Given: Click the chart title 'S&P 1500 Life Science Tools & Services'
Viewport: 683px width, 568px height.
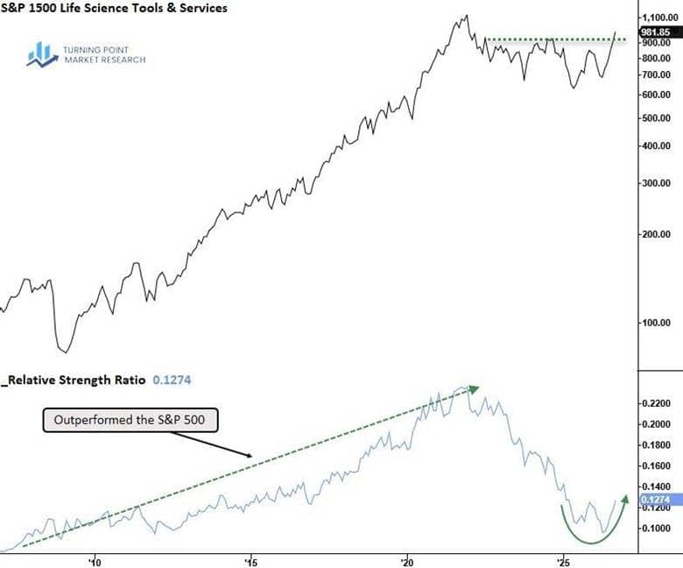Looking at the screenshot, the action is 114,7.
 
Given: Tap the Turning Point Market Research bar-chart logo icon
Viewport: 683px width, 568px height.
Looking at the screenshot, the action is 42,54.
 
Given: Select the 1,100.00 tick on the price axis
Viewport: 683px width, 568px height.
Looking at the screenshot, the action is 660,18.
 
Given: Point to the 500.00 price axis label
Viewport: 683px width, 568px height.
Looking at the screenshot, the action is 656,118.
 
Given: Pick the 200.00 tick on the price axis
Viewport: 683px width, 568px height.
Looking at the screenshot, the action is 656,234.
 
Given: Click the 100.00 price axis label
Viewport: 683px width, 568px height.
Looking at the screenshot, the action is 656,323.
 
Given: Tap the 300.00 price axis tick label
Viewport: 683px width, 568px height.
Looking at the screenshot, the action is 656,183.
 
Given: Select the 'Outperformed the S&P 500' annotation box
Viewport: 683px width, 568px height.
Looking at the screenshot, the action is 130,420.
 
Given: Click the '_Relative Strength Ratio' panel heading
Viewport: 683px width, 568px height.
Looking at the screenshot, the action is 74,380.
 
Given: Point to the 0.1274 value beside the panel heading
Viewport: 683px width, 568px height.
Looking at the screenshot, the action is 172,380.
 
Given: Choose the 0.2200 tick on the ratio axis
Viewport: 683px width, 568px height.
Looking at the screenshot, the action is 656,403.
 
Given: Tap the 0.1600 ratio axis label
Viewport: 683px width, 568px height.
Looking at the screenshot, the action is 656,465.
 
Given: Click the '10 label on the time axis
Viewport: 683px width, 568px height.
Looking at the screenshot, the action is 94,563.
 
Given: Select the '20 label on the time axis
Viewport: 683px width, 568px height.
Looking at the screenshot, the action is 407,563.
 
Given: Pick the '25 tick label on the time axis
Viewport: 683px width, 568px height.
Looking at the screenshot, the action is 564,563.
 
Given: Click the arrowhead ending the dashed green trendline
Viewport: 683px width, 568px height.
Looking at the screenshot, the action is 474,388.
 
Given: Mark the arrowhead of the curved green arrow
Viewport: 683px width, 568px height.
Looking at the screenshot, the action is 625,499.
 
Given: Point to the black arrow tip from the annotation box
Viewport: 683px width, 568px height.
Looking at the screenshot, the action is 250,457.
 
